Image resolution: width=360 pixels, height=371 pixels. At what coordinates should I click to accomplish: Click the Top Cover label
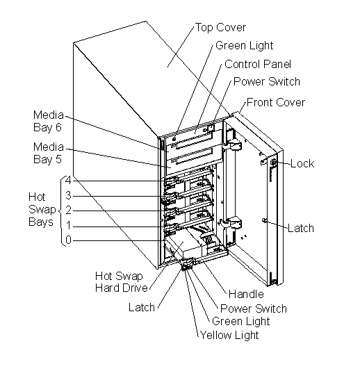click(220, 27)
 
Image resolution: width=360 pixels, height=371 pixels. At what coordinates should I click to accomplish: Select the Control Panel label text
click(258, 64)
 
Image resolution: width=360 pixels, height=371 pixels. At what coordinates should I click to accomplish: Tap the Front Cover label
click(276, 102)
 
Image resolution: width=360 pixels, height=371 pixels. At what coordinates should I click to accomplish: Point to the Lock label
click(302, 163)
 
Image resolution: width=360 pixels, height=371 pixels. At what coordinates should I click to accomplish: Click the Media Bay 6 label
click(49, 121)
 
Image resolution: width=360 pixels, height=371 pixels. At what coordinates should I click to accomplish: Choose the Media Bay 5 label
click(49, 153)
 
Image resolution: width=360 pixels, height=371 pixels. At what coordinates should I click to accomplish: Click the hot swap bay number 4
click(68, 181)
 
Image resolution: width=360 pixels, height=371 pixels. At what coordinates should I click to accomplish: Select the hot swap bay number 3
click(68, 195)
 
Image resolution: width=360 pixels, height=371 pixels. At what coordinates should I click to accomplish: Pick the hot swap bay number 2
click(68, 210)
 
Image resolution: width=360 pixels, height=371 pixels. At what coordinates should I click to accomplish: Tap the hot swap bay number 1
click(68, 225)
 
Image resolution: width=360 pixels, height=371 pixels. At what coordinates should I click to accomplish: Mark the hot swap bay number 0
click(68, 240)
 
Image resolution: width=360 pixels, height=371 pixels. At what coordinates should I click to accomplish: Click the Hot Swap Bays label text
click(42, 209)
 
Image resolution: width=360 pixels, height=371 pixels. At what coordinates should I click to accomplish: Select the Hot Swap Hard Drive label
click(122, 282)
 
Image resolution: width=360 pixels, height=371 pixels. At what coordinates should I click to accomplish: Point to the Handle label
click(246, 294)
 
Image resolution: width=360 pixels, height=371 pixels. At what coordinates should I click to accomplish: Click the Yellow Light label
click(229, 335)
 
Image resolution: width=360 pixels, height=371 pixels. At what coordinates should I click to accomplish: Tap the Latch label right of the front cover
click(301, 228)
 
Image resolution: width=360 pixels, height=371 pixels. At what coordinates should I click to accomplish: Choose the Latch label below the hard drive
click(142, 307)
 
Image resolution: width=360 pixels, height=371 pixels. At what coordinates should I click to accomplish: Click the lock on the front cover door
click(273, 163)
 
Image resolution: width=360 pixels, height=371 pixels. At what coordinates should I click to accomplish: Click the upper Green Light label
click(244, 46)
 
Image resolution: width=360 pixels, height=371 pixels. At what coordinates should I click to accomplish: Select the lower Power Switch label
click(254, 308)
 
